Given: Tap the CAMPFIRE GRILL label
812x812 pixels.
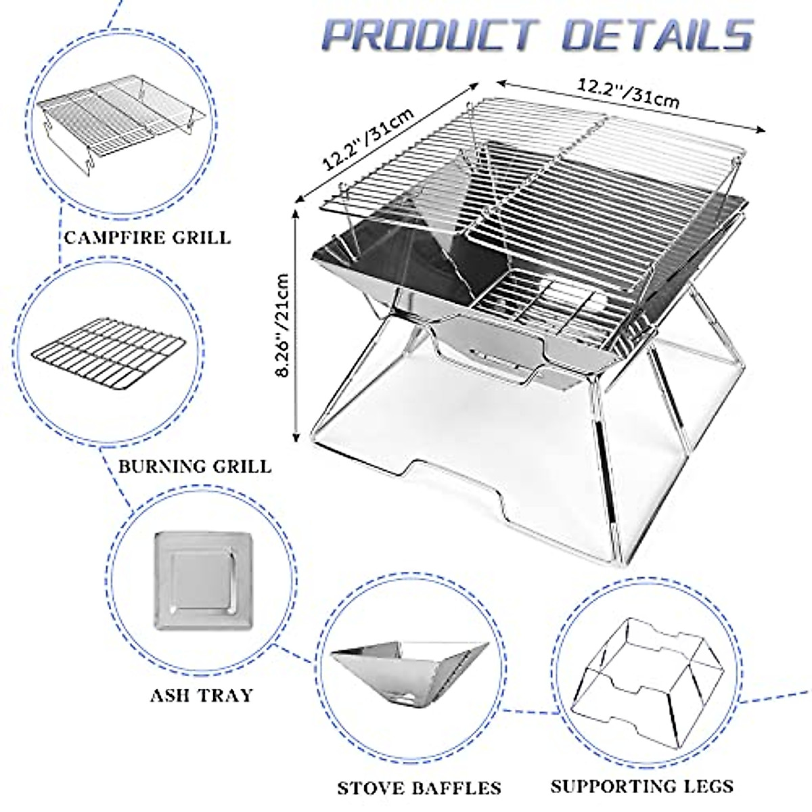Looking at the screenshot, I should point(147,238).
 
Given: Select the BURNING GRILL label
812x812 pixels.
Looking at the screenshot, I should point(195,466).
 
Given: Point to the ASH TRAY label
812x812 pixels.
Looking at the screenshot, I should point(202,694).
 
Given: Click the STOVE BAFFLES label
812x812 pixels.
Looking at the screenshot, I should point(420,788).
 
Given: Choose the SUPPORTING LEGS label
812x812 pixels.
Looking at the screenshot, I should point(641,786).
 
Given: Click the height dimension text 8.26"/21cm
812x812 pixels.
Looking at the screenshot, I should point(284,325).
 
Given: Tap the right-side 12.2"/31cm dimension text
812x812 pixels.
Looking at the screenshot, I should point(629,94).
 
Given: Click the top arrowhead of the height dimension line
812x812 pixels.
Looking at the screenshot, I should point(296,212).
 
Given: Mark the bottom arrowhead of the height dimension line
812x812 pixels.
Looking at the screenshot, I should point(296,439).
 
